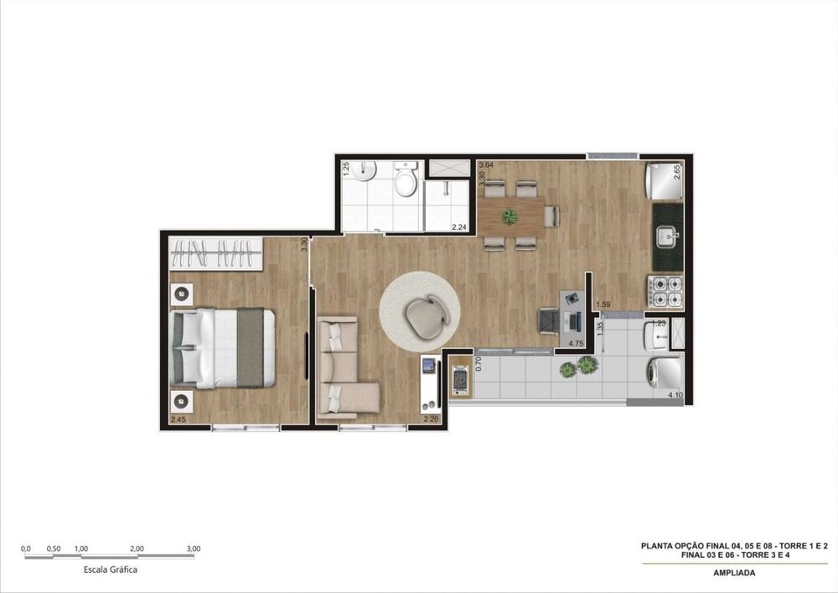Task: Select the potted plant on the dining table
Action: click(510, 216)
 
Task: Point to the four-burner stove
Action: click(667, 290)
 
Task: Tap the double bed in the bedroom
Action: click(223, 348)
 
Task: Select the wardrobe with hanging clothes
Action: click(216, 253)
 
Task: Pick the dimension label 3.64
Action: click(486, 165)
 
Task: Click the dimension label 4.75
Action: click(576, 344)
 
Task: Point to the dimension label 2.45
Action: click(178, 419)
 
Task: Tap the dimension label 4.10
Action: click(675, 395)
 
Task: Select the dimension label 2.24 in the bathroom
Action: click(458, 227)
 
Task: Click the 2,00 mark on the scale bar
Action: click(137, 549)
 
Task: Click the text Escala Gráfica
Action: click(111, 570)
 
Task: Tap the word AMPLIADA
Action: click(733, 574)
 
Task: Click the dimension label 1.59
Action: click(603, 304)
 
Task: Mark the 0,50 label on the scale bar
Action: click(54, 549)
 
